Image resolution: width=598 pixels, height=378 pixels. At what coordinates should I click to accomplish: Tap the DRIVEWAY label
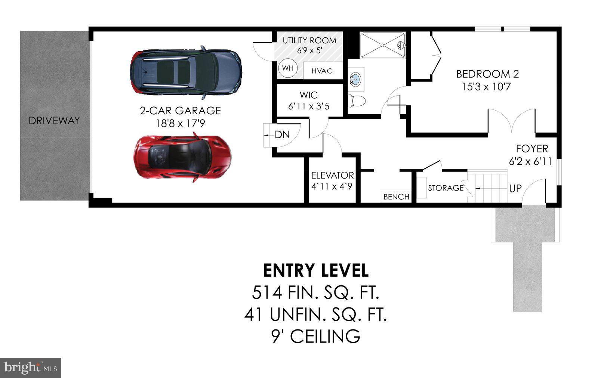pyautogui.click(x=54, y=121)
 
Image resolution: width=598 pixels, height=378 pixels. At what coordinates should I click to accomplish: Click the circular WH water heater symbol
pyautogui.click(x=287, y=68)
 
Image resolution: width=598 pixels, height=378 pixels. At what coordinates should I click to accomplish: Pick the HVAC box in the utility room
pyautogui.click(x=322, y=71)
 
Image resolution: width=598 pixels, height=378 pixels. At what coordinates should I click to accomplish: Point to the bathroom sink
pyautogui.click(x=356, y=79)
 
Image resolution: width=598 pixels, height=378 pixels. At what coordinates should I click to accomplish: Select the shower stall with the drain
pyautogui.click(x=382, y=45)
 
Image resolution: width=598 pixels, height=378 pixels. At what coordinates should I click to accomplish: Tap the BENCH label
pyautogui.click(x=396, y=197)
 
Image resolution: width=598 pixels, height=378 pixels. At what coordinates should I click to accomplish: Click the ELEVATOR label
pyautogui.click(x=332, y=175)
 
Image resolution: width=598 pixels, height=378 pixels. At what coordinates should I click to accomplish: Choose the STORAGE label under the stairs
pyautogui.click(x=446, y=188)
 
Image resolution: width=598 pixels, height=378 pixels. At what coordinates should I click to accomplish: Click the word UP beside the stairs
pyautogui.click(x=515, y=189)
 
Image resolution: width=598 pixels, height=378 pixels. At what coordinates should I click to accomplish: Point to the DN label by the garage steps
pyautogui.click(x=282, y=135)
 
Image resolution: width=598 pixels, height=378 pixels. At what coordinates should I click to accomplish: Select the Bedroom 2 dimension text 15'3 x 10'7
pyautogui.click(x=486, y=87)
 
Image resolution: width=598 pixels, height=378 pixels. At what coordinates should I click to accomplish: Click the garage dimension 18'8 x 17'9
pyautogui.click(x=180, y=124)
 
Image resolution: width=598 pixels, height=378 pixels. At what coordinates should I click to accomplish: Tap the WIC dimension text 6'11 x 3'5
pyautogui.click(x=309, y=106)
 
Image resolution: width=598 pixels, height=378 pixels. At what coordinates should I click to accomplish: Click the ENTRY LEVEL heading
pyautogui.click(x=316, y=271)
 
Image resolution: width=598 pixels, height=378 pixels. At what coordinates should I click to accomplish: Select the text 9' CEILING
pyautogui.click(x=316, y=337)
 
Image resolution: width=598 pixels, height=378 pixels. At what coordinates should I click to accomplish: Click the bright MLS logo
pyautogui.click(x=31, y=368)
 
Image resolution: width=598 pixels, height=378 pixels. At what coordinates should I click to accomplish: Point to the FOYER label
pyautogui.click(x=532, y=149)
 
